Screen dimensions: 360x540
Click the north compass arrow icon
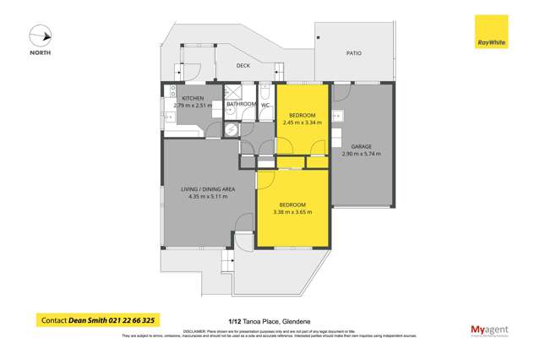tap(41, 37)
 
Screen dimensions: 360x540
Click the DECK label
tap(243, 65)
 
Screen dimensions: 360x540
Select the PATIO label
tap(354, 53)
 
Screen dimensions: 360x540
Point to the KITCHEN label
tap(194, 98)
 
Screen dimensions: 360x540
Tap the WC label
tap(265, 105)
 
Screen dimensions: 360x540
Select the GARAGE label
tap(362, 146)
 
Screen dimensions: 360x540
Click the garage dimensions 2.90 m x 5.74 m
tap(362, 154)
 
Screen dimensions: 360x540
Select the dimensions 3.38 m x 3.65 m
tap(293, 212)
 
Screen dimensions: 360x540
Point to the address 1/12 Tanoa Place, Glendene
tap(270, 320)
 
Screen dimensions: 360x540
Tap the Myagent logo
tap(488, 330)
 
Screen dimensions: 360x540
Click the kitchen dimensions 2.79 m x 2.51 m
tap(194, 106)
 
